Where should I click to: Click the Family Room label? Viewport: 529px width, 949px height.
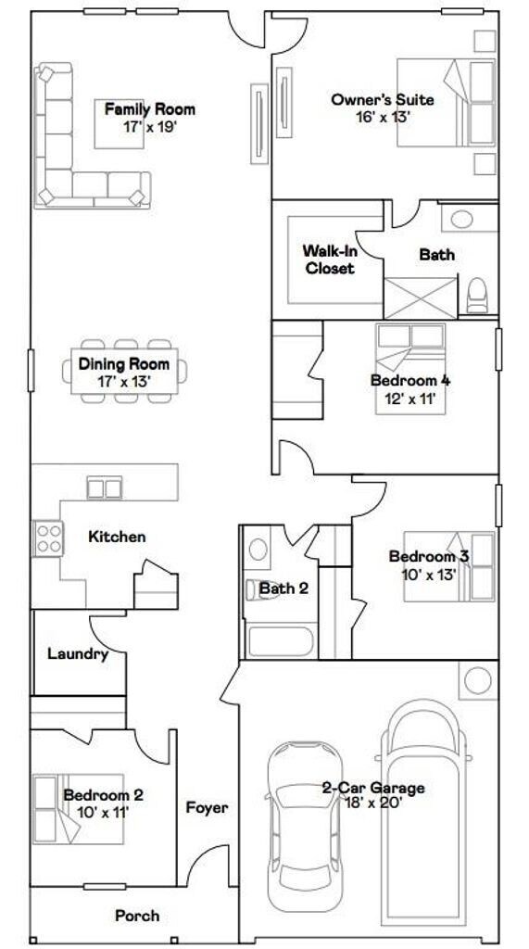(x=149, y=109)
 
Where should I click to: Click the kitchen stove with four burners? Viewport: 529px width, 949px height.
(x=47, y=538)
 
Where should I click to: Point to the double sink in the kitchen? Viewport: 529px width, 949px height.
(x=104, y=487)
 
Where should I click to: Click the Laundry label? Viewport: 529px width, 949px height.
(x=78, y=654)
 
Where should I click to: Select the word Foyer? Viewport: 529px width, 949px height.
(x=207, y=807)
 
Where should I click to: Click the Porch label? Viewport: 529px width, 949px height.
(x=137, y=916)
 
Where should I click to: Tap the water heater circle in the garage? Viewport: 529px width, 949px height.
(x=478, y=682)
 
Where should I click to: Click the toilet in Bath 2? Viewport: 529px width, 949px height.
(x=258, y=588)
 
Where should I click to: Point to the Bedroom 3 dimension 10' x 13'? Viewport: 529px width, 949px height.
(x=428, y=574)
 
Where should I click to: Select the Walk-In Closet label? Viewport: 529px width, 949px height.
(x=328, y=259)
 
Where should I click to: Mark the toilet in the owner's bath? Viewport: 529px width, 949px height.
(x=477, y=295)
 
